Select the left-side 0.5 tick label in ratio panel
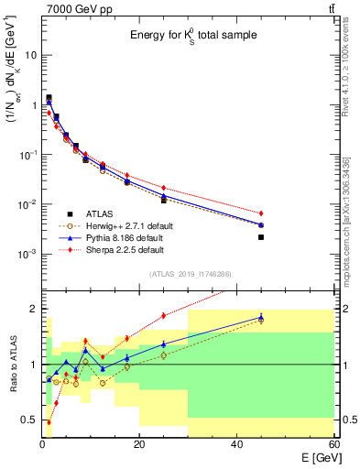tap(29, 420)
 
